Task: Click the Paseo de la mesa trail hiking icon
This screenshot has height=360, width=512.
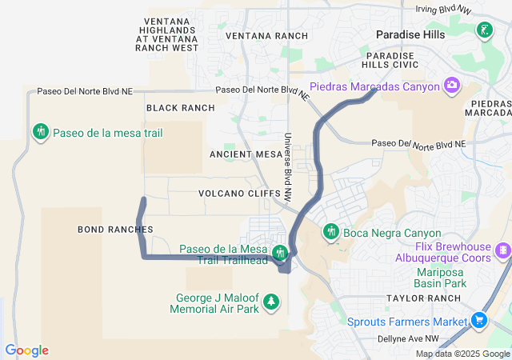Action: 40,131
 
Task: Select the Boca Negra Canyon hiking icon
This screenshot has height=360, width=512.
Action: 330,232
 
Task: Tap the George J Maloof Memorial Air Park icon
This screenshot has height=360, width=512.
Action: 273,302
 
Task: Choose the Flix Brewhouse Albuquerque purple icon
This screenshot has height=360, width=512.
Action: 502,251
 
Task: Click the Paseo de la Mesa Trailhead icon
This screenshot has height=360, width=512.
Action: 279,254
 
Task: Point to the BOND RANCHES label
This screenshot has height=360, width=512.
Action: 115,230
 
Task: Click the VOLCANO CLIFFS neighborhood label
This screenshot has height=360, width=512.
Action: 239,194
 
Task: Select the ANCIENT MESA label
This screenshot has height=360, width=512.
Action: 242,154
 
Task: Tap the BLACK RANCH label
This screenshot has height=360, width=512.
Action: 180,108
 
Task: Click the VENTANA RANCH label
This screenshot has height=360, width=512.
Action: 266,37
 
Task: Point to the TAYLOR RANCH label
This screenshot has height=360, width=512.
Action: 423,298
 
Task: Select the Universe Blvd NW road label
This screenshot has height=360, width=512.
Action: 286,166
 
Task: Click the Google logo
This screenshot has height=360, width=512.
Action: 26,350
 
